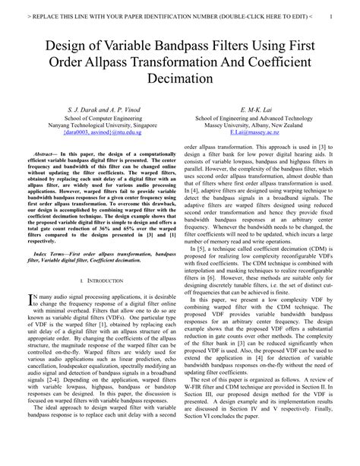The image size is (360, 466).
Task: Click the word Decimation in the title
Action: [x=180, y=78]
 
